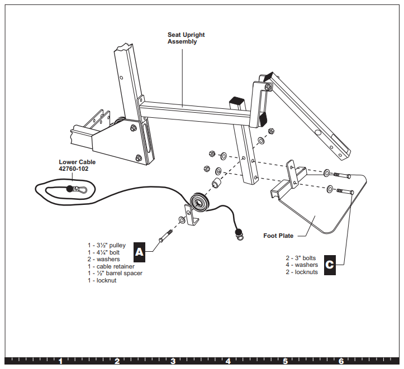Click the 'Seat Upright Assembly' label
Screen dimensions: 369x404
186,38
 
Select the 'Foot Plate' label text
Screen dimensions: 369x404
278,236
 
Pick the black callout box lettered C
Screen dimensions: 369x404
330,264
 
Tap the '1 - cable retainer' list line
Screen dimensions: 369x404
111,266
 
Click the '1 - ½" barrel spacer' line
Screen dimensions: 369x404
115,273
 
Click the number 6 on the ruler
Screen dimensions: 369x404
341,361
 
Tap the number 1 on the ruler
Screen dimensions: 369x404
60,361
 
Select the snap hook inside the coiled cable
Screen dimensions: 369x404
79,190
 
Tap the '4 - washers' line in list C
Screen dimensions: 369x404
302,265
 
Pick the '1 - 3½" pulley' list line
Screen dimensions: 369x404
106,245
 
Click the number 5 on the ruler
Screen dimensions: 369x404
285,361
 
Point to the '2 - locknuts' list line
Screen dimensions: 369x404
302,272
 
